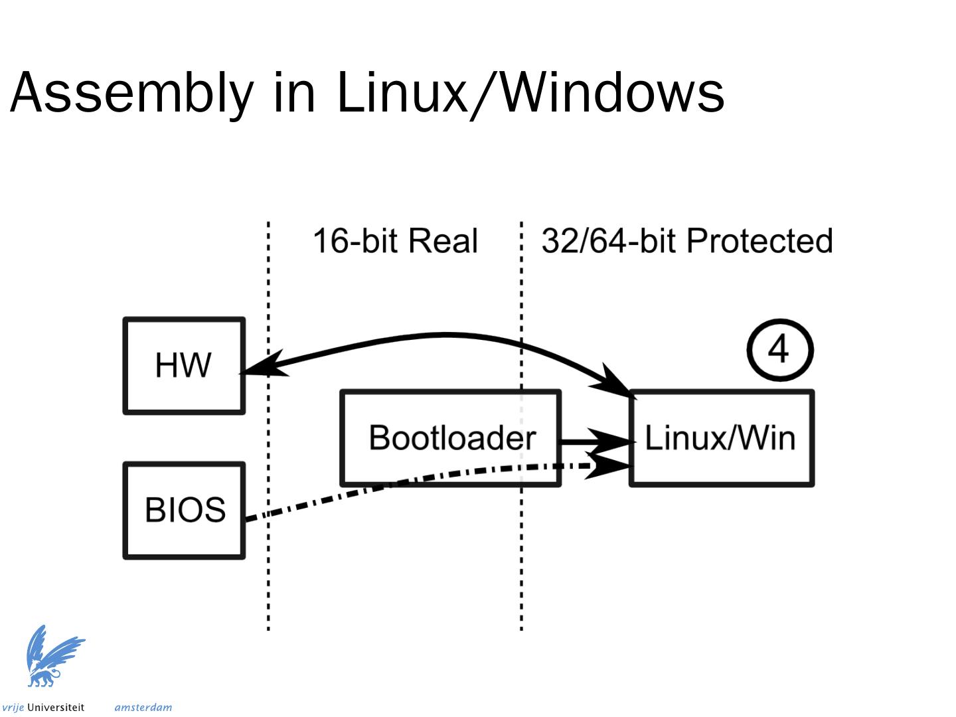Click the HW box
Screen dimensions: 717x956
click(184, 366)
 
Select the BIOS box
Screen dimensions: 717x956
click(184, 511)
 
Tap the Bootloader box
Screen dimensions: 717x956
click(451, 438)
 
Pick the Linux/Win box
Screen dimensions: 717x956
click(721, 438)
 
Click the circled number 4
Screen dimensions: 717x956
click(779, 350)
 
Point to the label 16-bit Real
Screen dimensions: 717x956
click(395, 240)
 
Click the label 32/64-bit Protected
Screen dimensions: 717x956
click(687, 240)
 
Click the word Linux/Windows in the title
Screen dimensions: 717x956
click(530, 93)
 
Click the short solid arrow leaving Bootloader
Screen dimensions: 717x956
click(591, 440)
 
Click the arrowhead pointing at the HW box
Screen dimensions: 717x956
click(262, 367)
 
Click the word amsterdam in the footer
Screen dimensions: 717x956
click(143, 708)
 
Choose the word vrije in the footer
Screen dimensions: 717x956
click(13, 708)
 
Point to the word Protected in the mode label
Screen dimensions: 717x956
click(759, 240)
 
